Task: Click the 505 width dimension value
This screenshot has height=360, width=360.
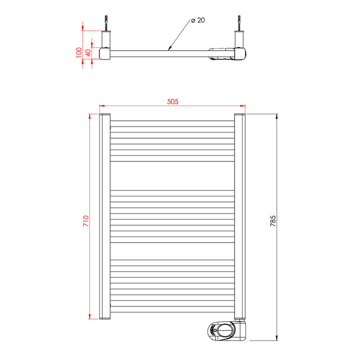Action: click(172, 102)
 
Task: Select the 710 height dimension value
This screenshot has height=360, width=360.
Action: click(86, 220)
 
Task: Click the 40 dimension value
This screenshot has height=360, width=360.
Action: click(87, 52)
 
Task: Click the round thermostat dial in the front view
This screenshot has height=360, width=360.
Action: click(225, 330)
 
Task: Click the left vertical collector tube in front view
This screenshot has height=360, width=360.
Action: click(105, 216)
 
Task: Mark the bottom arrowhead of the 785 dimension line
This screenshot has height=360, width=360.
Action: click(277, 340)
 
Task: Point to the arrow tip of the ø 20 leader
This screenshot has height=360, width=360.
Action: click(168, 49)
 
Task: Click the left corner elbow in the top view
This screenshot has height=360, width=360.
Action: click(105, 53)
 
